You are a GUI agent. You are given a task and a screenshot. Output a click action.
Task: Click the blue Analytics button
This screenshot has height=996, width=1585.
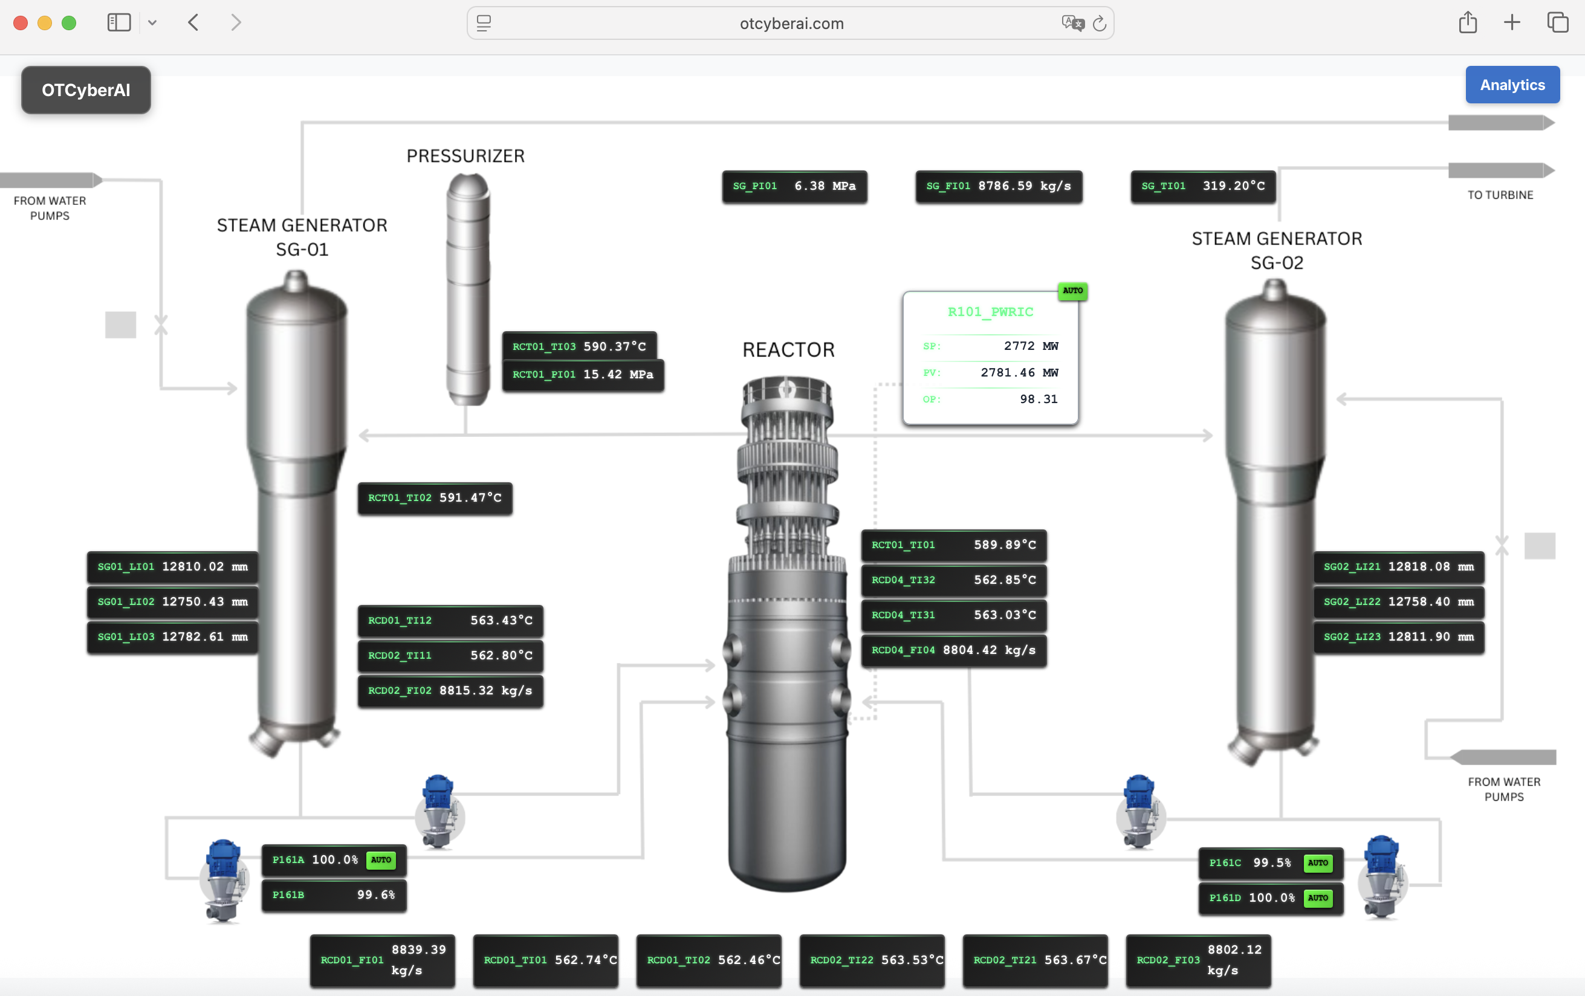(x=1512, y=85)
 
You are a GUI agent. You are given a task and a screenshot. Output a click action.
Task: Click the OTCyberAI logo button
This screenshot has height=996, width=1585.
(x=86, y=90)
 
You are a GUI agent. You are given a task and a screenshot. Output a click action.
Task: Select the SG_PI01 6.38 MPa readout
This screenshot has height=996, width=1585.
(x=794, y=186)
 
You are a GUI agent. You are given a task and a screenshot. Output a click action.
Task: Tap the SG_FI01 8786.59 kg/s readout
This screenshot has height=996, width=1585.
(x=998, y=186)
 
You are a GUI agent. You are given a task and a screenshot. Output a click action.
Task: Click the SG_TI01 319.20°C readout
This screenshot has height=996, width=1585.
(x=1202, y=186)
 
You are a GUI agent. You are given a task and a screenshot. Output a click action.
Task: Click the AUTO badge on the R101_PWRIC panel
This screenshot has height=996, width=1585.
(x=1072, y=290)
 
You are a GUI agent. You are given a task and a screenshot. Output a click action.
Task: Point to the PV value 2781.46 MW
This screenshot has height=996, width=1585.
(x=1019, y=373)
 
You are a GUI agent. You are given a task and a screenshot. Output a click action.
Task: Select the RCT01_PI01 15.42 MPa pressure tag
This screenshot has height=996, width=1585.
(x=583, y=375)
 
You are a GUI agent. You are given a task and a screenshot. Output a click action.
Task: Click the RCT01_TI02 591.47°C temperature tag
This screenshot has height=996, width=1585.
(x=435, y=497)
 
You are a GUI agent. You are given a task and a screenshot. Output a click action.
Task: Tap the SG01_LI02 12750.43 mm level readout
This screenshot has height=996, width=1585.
(x=172, y=602)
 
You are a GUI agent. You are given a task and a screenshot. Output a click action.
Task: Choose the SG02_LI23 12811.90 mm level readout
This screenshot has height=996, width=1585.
(x=1398, y=636)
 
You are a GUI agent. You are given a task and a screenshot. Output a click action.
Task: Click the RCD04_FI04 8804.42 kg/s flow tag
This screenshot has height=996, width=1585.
(x=953, y=650)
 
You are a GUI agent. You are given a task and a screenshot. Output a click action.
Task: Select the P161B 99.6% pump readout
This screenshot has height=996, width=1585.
(x=334, y=894)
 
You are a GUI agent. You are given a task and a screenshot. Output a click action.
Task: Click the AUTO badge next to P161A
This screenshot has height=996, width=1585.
(x=380, y=860)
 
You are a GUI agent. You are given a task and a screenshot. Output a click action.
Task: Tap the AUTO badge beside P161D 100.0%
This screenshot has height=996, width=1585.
(x=1317, y=898)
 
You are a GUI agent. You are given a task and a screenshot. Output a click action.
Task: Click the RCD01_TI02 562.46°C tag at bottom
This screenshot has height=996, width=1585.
(x=708, y=960)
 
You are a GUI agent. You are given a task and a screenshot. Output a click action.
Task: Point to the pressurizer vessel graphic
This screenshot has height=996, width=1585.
(x=468, y=289)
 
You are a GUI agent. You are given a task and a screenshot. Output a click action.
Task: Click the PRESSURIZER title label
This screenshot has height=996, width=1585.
(x=465, y=156)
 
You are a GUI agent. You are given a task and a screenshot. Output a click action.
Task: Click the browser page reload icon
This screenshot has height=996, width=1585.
(x=1098, y=24)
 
